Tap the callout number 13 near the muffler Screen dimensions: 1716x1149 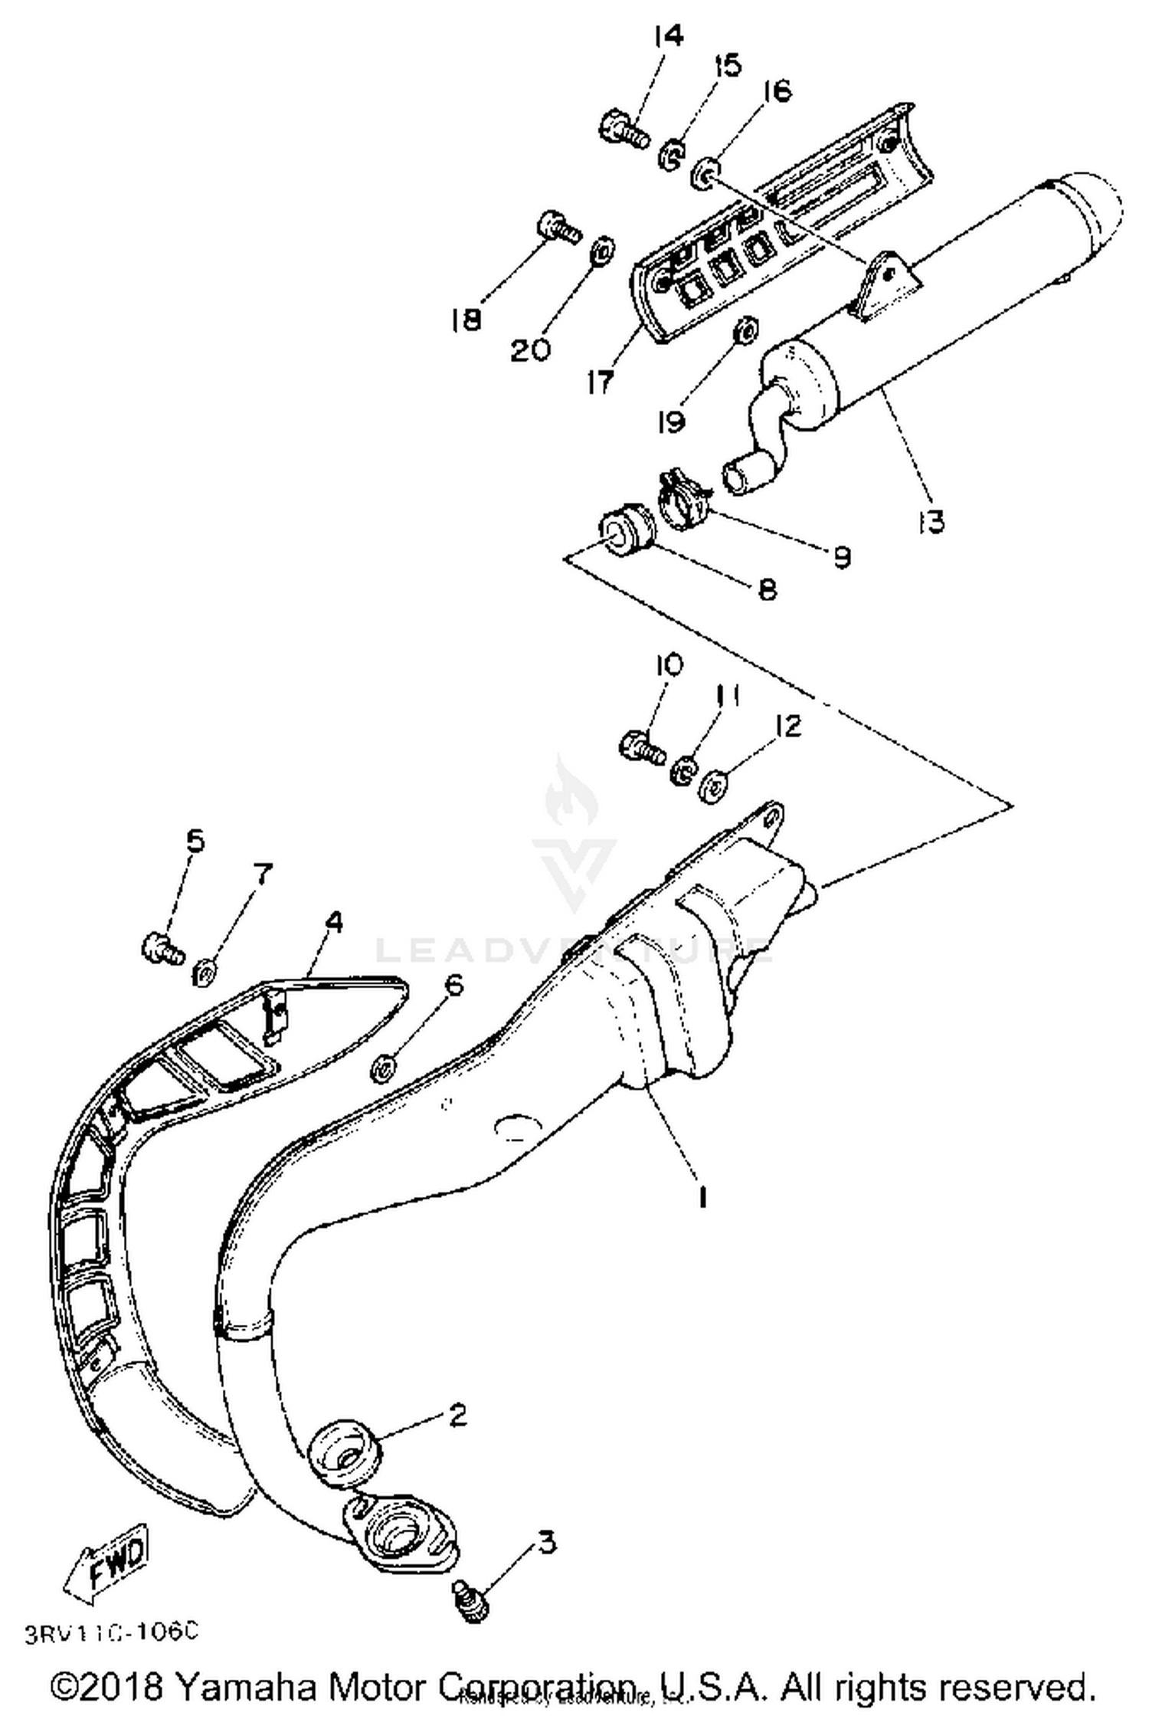[x=931, y=522]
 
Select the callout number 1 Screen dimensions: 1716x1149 [x=701, y=1195]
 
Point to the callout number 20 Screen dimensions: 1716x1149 [x=531, y=350]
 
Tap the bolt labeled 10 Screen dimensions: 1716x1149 [x=641, y=746]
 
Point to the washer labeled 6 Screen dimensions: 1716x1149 [x=383, y=1068]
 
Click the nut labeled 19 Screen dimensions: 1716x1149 [x=745, y=331]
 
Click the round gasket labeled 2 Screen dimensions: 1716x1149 [x=344, y=1448]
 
